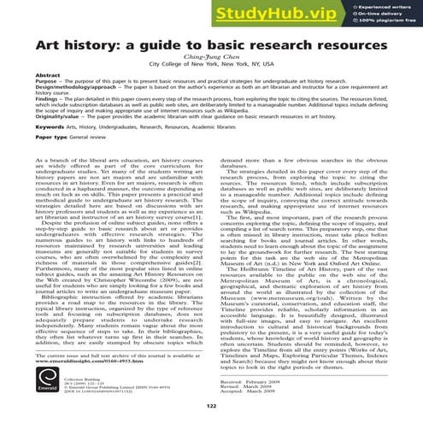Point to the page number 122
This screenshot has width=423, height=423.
pos(211,406)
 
